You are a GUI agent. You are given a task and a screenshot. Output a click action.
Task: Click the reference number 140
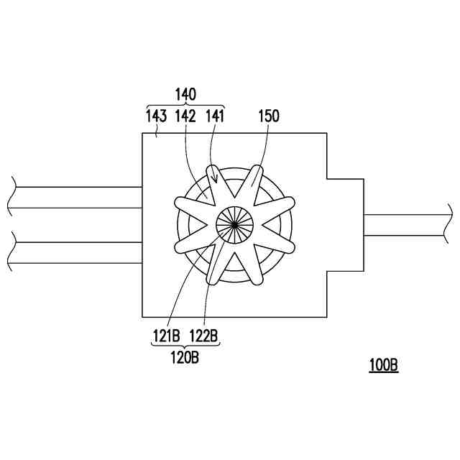tap(185, 94)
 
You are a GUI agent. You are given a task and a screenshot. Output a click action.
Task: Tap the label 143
tap(157, 116)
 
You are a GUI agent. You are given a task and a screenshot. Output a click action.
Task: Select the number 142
tap(185, 116)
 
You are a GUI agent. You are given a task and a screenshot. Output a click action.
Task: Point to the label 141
tap(215, 116)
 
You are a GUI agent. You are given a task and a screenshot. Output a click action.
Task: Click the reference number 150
tap(269, 116)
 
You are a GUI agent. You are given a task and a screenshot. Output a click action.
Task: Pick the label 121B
tap(166, 336)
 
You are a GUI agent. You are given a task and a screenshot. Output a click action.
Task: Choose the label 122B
tap(203, 336)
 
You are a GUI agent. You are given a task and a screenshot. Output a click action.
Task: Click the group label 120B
tap(185, 358)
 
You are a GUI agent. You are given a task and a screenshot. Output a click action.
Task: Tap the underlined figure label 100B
tap(383, 365)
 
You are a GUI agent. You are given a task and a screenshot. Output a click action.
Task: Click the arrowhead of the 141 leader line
tap(216, 180)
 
